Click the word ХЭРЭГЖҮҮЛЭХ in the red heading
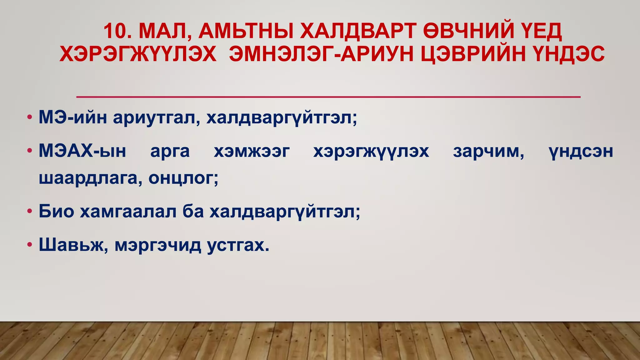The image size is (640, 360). (x=138, y=54)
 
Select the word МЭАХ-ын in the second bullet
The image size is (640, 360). (x=82, y=151)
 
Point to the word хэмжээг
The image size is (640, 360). (x=252, y=151)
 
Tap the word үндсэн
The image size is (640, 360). (x=581, y=151)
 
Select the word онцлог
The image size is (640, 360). (x=183, y=178)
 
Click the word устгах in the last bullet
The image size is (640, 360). (x=238, y=245)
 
